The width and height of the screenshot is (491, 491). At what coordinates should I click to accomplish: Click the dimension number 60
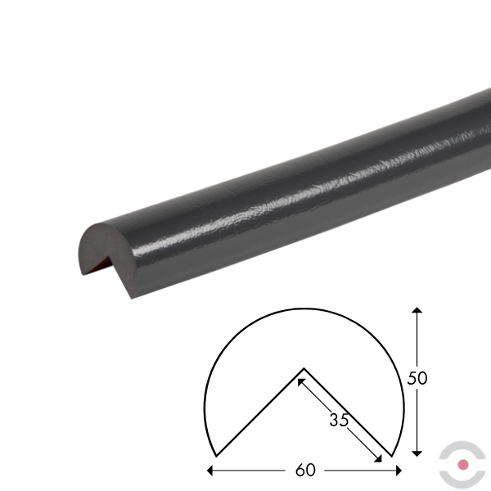click(305, 470)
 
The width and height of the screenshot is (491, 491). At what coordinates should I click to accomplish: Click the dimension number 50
click(417, 378)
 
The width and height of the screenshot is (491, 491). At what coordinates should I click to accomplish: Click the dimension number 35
click(339, 420)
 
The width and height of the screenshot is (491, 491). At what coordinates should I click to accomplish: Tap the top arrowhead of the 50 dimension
click(417, 310)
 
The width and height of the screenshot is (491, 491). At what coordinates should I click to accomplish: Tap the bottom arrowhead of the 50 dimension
click(417, 453)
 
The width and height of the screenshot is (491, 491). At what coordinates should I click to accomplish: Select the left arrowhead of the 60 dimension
click(209, 471)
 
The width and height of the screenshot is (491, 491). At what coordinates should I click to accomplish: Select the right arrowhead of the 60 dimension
click(399, 471)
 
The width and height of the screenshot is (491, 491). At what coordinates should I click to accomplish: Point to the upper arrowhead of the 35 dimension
click(300, 382)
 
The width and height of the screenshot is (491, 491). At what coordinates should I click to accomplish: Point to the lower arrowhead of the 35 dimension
click(378, 459)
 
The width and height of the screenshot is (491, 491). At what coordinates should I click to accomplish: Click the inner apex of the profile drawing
click(304, 368)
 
